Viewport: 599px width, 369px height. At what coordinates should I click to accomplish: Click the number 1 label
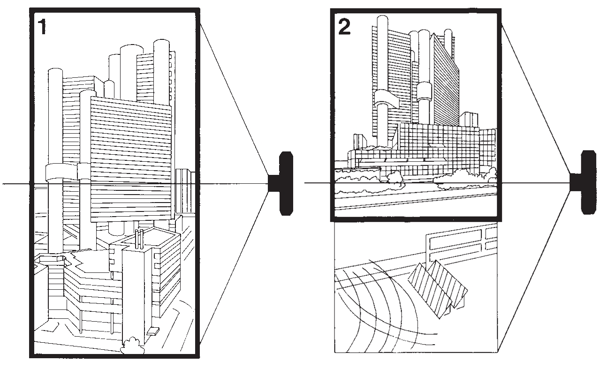click(x=42, y=27)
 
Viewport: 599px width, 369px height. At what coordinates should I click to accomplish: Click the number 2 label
click(x=344, y=27)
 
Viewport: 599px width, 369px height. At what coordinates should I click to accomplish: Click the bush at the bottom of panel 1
click(x=131, y=346)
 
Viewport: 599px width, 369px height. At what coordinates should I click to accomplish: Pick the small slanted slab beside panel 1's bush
click(x=152, y=332)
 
